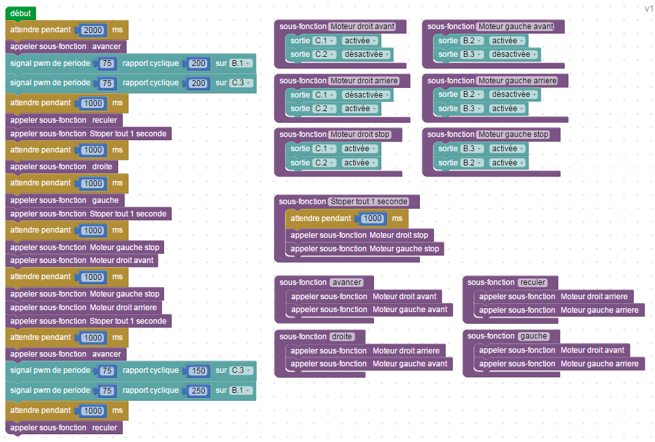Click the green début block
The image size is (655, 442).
tap(20, 14)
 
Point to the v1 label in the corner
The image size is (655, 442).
tap(649, 8)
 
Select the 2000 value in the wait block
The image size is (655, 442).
tap(93, 30)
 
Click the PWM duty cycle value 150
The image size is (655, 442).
tap(198, 370)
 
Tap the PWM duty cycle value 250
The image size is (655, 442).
tap(198, 390)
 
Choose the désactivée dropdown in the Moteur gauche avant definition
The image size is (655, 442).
tap(514, 54)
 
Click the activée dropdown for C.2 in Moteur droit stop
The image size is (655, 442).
tap(360, 163)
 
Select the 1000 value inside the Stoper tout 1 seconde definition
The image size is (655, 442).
tap(373, 218)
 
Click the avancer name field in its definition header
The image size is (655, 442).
tap(346, 282)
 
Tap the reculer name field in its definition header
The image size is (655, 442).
tap(534, 282)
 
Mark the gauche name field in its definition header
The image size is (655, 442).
tap(534, 336)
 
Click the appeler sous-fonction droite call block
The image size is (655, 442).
tap(61, 167)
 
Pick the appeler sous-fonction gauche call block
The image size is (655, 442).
tap(65, 200)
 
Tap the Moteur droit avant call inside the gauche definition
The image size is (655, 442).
tap(552, 350)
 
